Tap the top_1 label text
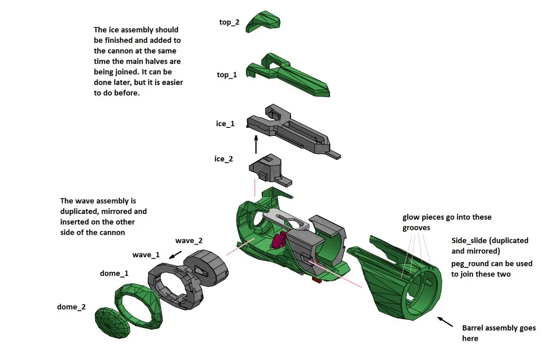226,75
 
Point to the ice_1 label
225,124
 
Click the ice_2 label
223,159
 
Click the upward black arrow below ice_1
256,144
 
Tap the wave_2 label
188,241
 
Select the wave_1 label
146,255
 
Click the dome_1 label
114,273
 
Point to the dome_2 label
71,307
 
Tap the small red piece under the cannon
316,279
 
